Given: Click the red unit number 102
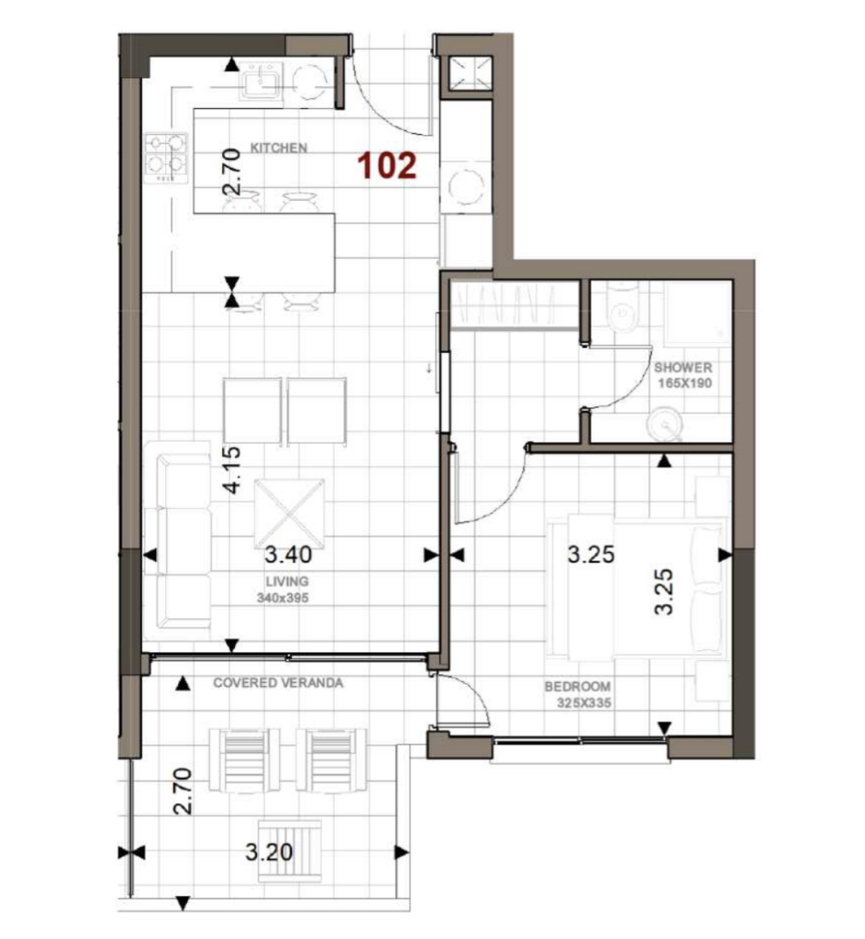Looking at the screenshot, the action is (387, 165).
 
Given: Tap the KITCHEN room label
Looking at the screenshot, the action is (279, 148).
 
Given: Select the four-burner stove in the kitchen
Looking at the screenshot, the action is (166, 158).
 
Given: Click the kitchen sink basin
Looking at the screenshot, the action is (261, 81).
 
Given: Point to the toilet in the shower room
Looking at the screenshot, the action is (623, 307).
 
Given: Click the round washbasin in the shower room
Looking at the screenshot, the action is (664, 424).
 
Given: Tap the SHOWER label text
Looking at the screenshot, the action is (682, 367).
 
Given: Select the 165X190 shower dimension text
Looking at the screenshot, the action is (684, 383).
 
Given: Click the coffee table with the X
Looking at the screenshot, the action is (290, 514).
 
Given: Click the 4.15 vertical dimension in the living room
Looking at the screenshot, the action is (232, 470).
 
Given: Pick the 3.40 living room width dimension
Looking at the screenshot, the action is (288, 555).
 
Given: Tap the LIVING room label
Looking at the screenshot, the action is (287, 580).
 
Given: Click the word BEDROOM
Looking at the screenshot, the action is (578, 686).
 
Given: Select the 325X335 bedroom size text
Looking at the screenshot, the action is (584, 703).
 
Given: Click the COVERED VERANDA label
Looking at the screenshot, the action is (278, 682).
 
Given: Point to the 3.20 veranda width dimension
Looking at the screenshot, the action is (269, 852).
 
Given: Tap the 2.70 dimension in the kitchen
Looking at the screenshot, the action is (232, 171).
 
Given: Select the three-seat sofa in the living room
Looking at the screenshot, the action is (177, 541).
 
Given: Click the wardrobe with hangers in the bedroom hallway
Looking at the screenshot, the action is (514, 304).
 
